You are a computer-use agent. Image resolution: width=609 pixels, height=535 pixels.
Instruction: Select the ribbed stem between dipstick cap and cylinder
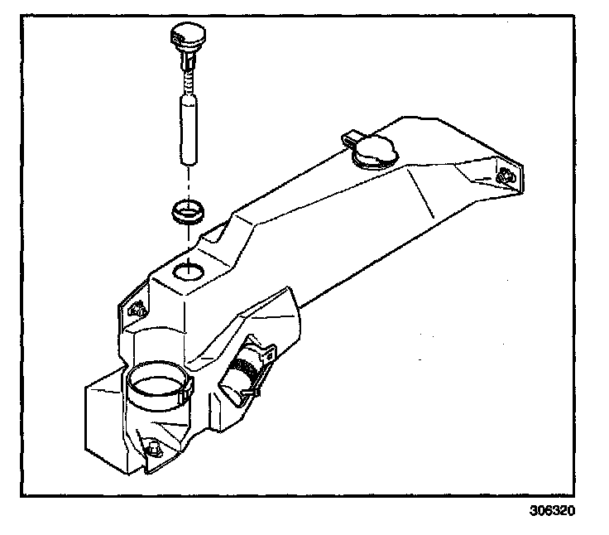click(x=188, y=78)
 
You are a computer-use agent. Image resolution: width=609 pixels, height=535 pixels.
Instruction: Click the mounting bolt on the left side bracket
click(x=137, y=311)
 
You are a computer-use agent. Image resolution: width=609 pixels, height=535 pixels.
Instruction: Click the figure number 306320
click(x=551, y=511)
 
